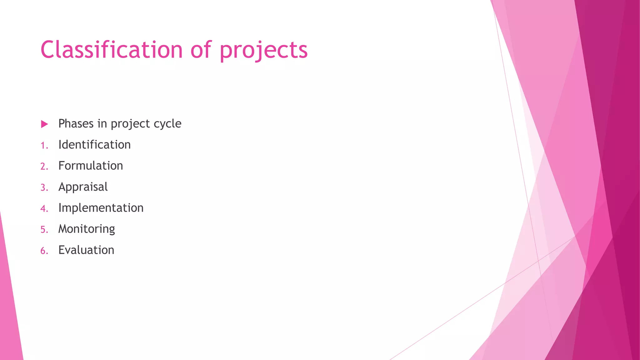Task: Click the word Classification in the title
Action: (111, 50)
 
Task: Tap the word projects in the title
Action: (263, 51)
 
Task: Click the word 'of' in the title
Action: (201, 50)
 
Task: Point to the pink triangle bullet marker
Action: (44, 124)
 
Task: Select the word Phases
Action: (76, 124)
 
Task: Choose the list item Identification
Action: (94, 145)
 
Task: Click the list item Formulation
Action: (91, 166)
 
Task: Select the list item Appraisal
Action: (83, 187)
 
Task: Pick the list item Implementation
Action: (101, 208)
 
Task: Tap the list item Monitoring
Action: (87, 229)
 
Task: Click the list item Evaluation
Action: (86, 250)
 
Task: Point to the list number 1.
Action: (44, 146)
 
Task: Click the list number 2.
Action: (44, 167)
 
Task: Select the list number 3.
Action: (44, 188)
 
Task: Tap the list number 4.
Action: (44, 209)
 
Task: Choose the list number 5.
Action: (44, 230)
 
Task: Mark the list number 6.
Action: (44, 251)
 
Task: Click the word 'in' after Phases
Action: (102, 124)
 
